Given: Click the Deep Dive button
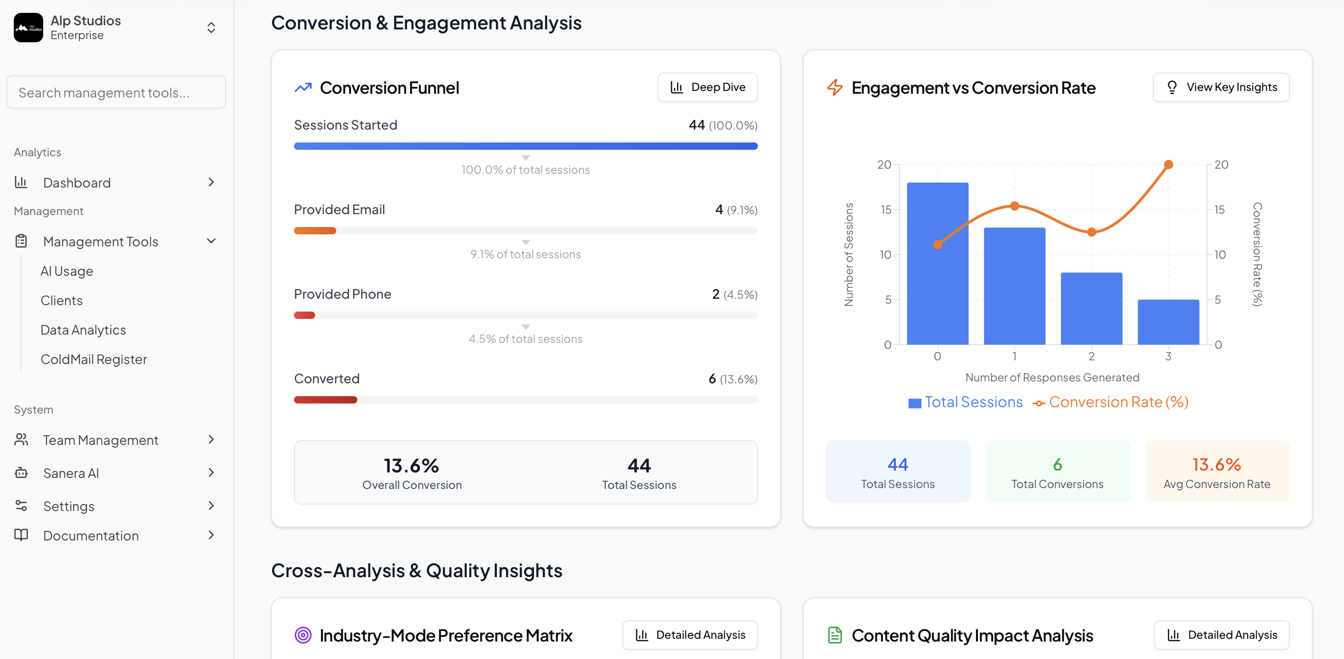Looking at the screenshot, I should point(707,87).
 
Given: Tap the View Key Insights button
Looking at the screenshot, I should point(1221,87).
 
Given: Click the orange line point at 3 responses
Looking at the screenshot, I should point(1168,165).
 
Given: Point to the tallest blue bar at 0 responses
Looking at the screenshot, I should point(937,263).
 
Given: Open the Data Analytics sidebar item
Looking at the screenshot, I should point(84,330).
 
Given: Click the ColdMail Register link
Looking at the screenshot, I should point(94,359).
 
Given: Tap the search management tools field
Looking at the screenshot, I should point(116,92).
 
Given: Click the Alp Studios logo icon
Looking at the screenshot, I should point(28,28).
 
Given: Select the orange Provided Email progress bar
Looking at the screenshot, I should point(315,231).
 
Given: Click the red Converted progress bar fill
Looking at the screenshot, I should point(325,400).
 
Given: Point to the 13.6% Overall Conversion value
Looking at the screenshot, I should point(411,465).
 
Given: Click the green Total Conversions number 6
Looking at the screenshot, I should point(1057,464).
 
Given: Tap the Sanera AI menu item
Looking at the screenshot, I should point(71,473).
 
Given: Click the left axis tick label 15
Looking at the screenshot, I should point(886,210).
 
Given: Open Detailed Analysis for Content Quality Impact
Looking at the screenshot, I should point(1221,635).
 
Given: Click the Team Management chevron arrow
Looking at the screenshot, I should point(211,440).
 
